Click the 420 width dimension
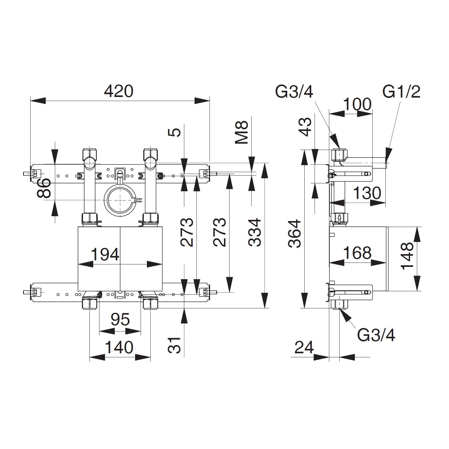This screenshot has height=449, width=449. [119, 91]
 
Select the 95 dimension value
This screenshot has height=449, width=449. [120, 320]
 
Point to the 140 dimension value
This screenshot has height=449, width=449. [119, 347]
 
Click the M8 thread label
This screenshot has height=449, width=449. [242, 133]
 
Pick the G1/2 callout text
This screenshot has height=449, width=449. [402, 92]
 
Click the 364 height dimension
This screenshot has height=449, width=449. [295, 234]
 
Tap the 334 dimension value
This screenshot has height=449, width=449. [255, 232]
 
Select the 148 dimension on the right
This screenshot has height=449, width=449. [407, 257]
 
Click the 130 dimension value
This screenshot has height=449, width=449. [367, 193]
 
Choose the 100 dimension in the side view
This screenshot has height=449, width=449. [357, 104]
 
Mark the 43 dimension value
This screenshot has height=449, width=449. [306, 127]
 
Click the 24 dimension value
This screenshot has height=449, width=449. [304, 347]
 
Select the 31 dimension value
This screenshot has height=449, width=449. [175, 345]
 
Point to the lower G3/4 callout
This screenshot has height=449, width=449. [376, 335]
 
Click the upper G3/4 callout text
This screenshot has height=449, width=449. [294, 92]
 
